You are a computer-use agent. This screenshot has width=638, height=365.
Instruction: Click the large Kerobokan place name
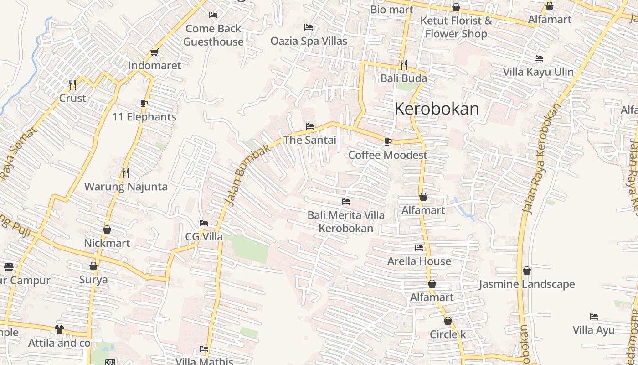(437, 109)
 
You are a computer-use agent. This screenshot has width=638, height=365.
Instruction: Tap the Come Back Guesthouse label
(213, 35)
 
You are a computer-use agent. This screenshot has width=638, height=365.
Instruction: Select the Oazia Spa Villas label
(309, 41)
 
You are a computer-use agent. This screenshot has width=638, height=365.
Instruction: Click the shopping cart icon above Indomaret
(154, 52)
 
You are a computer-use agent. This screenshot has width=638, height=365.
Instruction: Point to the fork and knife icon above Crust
(72, 84)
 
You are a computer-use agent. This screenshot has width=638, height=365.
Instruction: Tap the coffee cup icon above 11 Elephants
(144, 104)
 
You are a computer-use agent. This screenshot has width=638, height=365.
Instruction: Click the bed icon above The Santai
(310, 126)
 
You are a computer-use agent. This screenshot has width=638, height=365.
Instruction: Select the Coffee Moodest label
(388, 155)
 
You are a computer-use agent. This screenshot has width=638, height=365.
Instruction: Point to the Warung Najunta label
(126, 187)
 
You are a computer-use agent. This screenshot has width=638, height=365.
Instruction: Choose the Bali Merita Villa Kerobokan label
(346, 222)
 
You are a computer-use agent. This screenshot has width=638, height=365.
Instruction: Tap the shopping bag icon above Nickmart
(107, 229)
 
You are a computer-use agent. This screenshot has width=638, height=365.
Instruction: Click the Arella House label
(419, 261)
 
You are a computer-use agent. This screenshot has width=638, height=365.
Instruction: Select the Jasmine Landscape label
(526, 284)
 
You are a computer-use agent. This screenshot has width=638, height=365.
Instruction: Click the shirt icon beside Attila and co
(59, 329)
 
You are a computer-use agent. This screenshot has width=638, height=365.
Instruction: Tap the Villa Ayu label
(593, 330)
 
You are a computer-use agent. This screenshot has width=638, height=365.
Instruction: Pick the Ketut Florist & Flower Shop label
(456, 27)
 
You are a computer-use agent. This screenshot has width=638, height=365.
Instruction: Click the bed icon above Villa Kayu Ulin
(539, 58)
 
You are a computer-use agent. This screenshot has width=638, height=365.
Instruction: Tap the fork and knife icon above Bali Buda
(403, 65)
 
